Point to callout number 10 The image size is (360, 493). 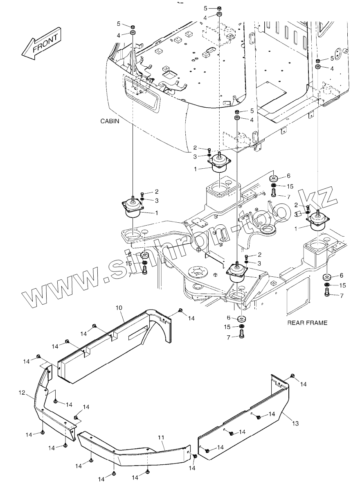[119, 307]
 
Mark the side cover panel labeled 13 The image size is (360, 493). [245, 426]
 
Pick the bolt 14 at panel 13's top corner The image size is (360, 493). [293, 376]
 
